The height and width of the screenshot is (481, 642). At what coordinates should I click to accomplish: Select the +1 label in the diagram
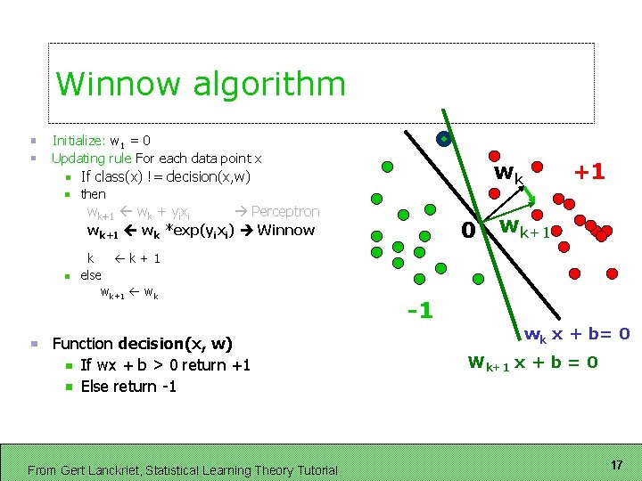pos(588,171)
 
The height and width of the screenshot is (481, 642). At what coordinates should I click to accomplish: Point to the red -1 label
pos(418,310)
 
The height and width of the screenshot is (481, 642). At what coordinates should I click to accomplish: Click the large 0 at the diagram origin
pos(465,230)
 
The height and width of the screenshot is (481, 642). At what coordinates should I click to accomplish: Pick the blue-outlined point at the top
pos(443,138)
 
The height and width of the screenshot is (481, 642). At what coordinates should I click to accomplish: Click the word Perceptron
pos(284,211)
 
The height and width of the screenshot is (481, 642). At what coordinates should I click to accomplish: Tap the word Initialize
pos(77,140)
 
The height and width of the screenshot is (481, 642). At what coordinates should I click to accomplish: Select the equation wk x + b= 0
pos(577,335)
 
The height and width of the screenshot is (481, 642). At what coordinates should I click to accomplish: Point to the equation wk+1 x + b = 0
pos(532,363)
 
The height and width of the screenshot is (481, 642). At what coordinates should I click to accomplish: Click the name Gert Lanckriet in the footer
pos(107,469)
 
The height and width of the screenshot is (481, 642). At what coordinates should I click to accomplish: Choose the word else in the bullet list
pos(91,275)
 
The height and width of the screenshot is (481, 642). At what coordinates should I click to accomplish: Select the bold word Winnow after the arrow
pos(285,230)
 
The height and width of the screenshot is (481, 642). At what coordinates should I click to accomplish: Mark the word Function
pos(82,343)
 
